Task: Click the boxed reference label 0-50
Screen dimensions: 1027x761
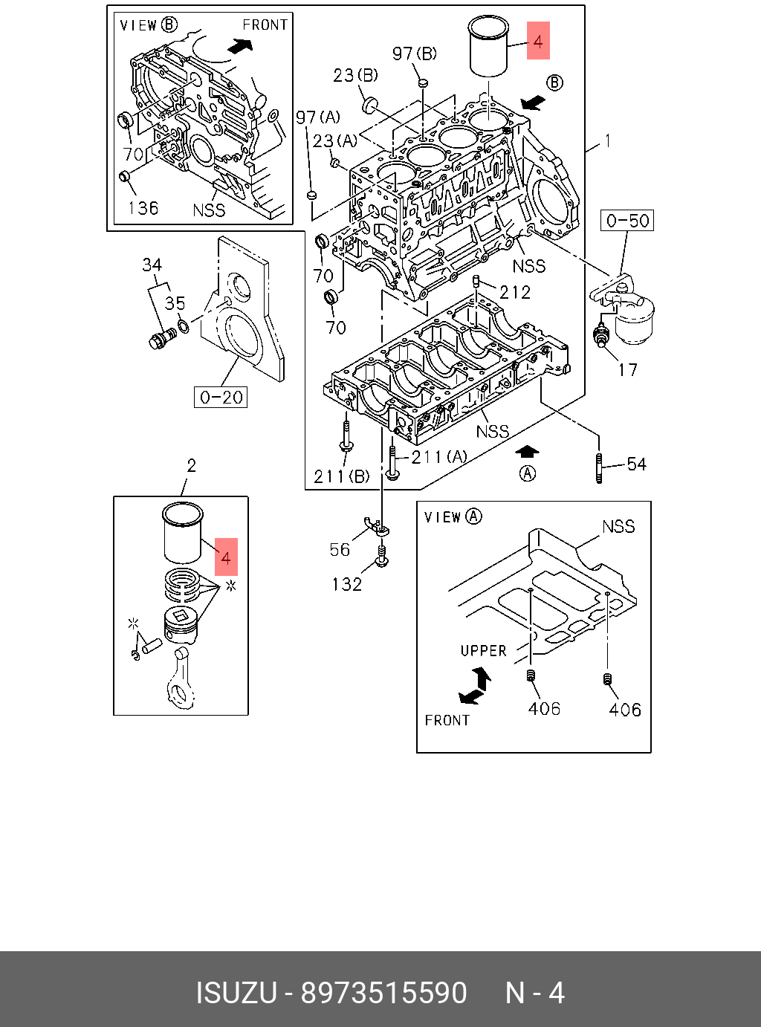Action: pos(627,221)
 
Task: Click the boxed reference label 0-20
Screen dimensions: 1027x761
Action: pos(221,398)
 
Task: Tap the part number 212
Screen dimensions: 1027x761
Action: pos(515,292)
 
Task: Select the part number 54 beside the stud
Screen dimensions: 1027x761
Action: pos(636,464)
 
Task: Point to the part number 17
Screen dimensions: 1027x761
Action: pos(628,369)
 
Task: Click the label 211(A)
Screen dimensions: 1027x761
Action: pos(439,456)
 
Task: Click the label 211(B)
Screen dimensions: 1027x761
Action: pos(341,476)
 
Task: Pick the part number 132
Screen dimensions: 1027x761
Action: pos(347,585)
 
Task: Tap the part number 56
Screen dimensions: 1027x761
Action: pos(340,549)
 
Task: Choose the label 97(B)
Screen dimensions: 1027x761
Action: pos(415,54)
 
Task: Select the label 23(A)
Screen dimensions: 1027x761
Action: pos(334,140)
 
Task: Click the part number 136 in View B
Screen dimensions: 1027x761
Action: pos(143,208)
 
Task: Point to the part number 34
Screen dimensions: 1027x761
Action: pos(152,265)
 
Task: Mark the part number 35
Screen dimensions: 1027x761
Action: pos(175,303)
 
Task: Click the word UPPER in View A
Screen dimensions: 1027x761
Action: pos(483,651)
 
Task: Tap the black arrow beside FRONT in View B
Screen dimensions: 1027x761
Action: pos(239,46)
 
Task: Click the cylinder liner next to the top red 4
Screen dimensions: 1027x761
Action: pos(488,46)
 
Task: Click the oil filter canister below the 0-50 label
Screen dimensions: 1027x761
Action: pos(634,320)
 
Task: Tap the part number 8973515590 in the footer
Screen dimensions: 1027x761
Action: pos(383,993)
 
